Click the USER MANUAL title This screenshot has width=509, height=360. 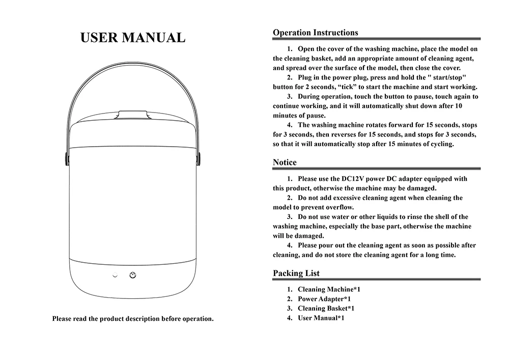[133, 38]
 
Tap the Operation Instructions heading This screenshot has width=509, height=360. [315, 33]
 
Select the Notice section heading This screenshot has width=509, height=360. [285, 162]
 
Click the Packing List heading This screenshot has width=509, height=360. [296, 273]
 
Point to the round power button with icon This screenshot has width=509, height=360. [133, 275]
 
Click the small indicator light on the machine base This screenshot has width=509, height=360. [115, 275]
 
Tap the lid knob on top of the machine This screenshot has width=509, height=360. [133, 115]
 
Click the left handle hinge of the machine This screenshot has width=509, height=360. [67, 157]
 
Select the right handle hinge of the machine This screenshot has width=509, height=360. [199, 157]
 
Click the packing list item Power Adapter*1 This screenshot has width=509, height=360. [324, 299]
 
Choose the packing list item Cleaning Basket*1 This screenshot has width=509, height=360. [326, 308]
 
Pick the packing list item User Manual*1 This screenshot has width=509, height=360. [321, 318]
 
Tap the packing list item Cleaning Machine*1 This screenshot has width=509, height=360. [329, 289]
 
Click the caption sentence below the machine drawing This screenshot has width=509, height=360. [133, 319]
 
